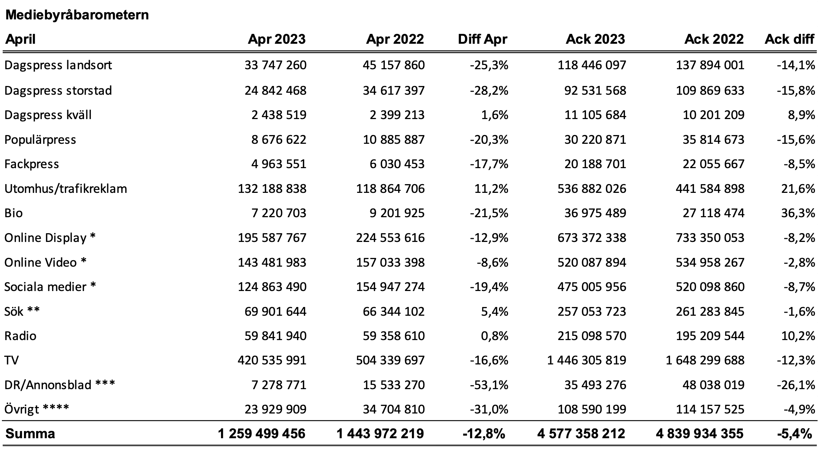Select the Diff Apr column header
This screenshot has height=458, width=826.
pos(483,39)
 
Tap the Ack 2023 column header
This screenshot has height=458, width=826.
pos(596,39)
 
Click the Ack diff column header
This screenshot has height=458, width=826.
pos(789,39)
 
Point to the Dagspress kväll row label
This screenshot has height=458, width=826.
pos(48,115)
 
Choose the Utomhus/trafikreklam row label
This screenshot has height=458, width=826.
pos(66,189)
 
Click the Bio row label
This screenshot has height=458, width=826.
pos(14,213)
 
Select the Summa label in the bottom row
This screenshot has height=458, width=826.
pos(30,434)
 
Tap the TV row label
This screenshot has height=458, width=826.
pos(12,360)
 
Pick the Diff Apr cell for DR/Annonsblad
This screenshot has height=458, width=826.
pos(489,385)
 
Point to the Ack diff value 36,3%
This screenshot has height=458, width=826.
pos(798,213)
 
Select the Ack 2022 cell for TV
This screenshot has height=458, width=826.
pos(705,360)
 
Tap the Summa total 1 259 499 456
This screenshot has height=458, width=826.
pos(262,434)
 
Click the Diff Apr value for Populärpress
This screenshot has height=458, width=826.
pos(489,140)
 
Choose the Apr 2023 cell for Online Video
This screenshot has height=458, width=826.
pos(272,262)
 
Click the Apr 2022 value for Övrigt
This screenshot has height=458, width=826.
pos(394,409)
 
